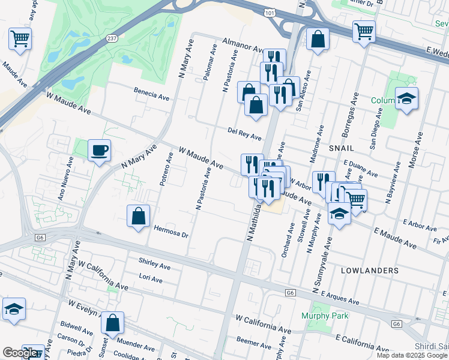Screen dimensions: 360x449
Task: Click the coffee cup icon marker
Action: (x=99, y=150)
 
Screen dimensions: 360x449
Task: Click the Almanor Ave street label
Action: (x=243, y=45)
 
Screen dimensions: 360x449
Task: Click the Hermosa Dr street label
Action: (x=172, y=232)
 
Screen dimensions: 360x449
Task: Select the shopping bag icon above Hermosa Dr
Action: (x=138, y=217)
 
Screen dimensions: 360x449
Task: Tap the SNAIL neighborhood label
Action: (x=341, y=147)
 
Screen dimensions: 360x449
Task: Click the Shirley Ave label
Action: (x=154, y=264)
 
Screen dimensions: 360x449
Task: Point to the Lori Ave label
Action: (x=151, y=280)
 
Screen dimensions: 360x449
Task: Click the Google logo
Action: (x=20, y=353)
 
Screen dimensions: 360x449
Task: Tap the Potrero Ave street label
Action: (x=166, y=169)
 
